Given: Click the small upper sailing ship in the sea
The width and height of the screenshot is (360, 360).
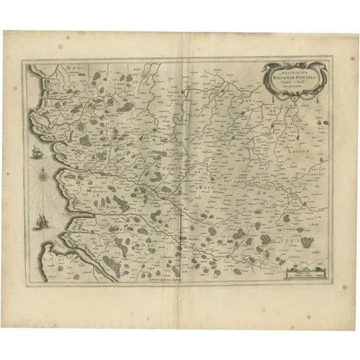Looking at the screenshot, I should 35,151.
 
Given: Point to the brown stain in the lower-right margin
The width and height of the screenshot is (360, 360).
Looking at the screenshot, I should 343,287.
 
